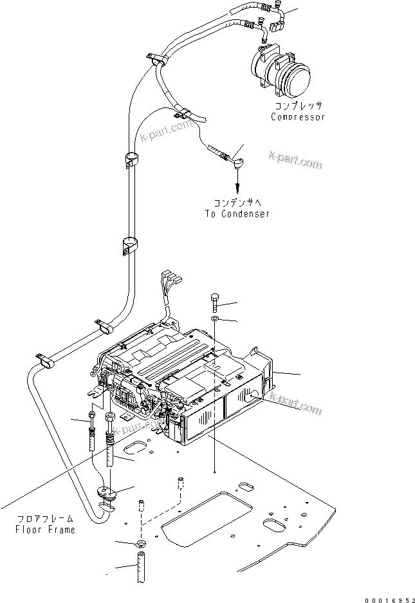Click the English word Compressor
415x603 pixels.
tap(297, 117)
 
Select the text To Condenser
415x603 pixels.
tap(237, 214)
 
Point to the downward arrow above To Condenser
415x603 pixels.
tap(237, 187)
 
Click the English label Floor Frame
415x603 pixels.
tap(45, 530)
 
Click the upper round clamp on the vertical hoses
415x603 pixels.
tap(131, 158)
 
